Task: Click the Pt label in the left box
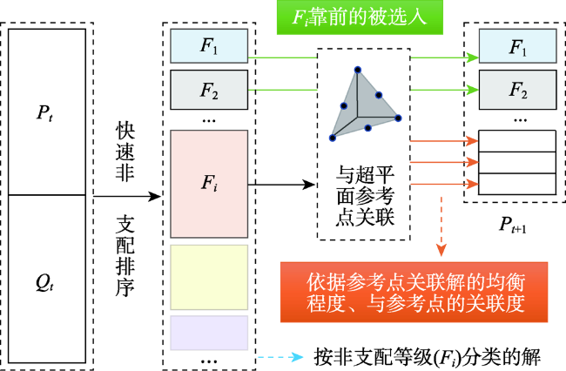[44, 112]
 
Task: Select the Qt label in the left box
[44, 282]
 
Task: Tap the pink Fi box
[209, 184]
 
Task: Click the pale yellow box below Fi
[209, 277]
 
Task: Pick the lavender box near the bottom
[209, 333]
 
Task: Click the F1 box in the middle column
[209, 46]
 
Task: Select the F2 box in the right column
[517, 90]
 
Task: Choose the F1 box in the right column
[517, 46]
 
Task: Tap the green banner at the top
[360, 17]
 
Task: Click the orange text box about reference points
[414, 292]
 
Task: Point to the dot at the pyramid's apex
[358, 70]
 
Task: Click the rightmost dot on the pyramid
[398, 118]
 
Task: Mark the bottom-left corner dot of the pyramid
[333, 138]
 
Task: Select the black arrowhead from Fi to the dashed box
[309, 185]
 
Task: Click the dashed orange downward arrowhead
[441, 250]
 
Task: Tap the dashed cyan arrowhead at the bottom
[298, 357]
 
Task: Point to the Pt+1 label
[513, 225]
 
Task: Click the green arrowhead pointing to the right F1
[472, 57]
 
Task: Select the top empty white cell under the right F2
[517, 141]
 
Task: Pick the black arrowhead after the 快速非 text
[154, 196]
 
